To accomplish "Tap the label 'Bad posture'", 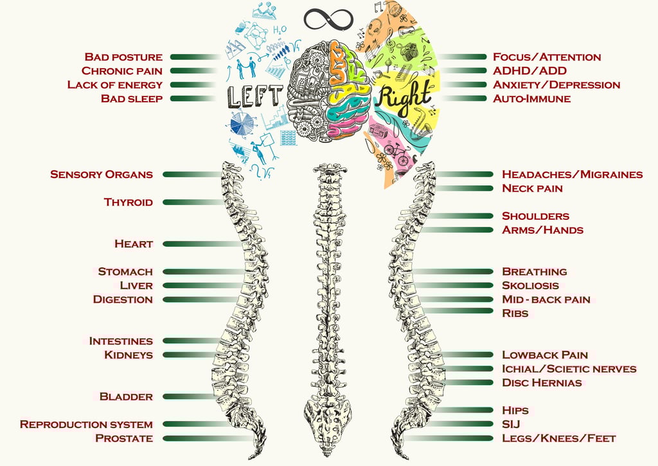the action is [x=123, y=57].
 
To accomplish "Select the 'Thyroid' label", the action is [x=129, y=202].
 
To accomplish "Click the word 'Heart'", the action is [x=134, y=244].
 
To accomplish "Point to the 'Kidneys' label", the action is [x=129, y=355].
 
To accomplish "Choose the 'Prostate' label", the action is [x=124, y=438].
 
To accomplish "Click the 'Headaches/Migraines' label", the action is [x=572, y=175].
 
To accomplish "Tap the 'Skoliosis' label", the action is [x=530, y=285].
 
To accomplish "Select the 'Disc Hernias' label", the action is [x=542, y=383].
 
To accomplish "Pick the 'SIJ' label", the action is [x=511, y=424].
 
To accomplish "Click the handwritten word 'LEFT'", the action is [x=255, y=96].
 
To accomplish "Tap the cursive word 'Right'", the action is [x=403, y=98].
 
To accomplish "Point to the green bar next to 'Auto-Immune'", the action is [x=461, y=99].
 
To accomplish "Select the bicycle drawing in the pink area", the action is [x=395, y=155].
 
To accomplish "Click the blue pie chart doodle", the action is [x=244, y=123].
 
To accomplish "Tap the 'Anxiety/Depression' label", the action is [x=556, y=85].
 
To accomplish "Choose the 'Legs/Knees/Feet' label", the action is [x=558, y=438].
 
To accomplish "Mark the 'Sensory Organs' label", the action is [x=102, y=175].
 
